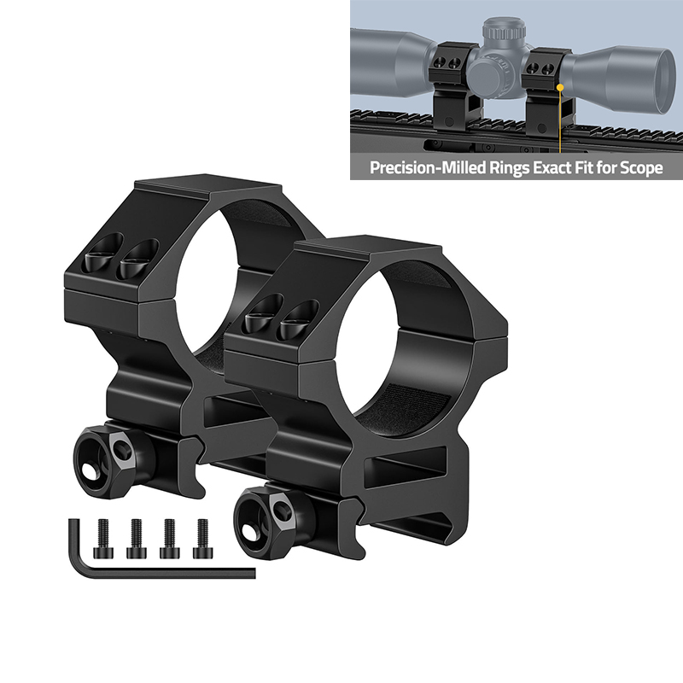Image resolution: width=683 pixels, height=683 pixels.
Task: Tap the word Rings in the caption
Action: pos(499,168)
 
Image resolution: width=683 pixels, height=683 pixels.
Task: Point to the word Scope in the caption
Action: pos(641,168)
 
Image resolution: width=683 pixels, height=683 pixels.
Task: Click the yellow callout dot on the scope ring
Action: pos(560,85)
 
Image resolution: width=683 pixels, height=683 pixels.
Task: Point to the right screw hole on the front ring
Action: pos(299,318)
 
